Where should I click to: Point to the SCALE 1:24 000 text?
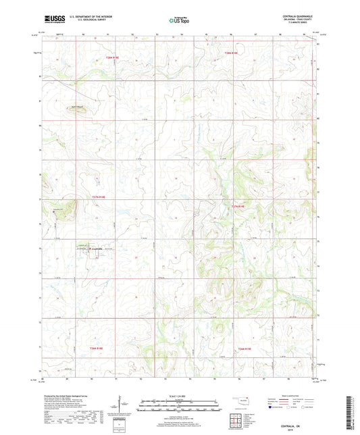pos(180,395)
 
